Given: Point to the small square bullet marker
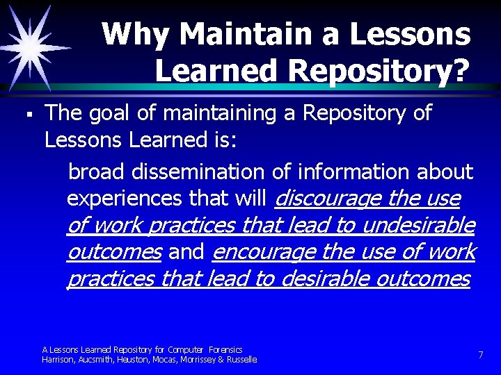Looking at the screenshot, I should coord(23,111).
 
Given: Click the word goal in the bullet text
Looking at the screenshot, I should coord(113,112).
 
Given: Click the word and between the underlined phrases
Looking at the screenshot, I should coord(186,252).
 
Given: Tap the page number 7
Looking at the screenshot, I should coord(480,355).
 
